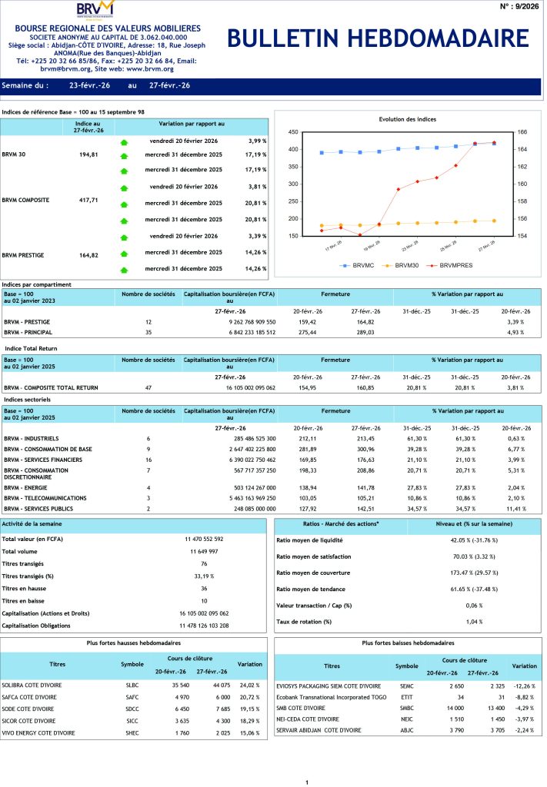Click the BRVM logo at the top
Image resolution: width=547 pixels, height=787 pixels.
tap(97, 10)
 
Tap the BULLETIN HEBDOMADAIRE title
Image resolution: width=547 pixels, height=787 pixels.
tap(378, 39)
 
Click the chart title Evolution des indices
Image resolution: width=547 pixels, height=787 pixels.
tap(408, 120)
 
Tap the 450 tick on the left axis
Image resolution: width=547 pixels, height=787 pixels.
tap(292, 132)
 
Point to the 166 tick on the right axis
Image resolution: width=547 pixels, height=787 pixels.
tap(521, 132)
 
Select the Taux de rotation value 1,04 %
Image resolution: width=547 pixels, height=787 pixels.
tap(475, 621)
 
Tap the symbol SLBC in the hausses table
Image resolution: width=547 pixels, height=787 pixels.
tap(132, 685)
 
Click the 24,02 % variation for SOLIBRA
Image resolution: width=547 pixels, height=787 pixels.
tap(249, 685)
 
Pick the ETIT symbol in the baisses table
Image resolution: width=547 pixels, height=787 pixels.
tap(407, 696)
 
